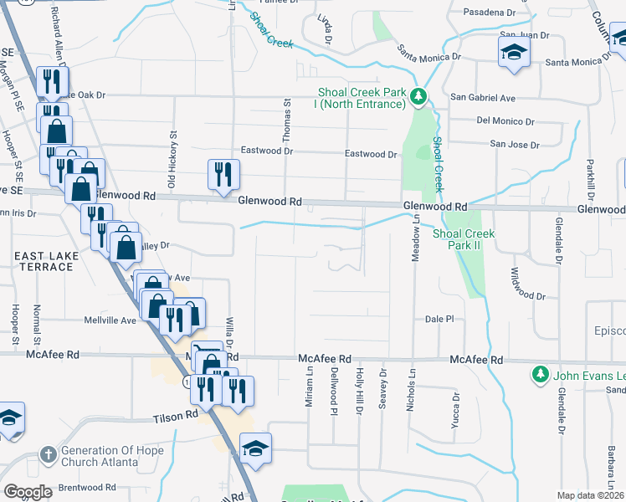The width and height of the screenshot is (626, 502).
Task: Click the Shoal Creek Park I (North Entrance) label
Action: [x=361, y=98]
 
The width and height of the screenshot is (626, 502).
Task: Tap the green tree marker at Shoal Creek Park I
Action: [x=420, y=98]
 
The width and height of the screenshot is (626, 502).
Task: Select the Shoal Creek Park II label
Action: [x=464, y=239]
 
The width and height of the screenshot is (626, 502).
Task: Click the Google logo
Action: [x=28, y=492]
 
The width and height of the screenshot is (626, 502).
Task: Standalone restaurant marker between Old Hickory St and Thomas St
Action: [x=223, y=175]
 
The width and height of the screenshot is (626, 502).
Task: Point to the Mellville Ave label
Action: [x=110, y=320]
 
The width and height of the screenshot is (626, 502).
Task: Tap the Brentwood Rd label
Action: [x=87, y=487]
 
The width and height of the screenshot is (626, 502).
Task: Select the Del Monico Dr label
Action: [x=505, y=120]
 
